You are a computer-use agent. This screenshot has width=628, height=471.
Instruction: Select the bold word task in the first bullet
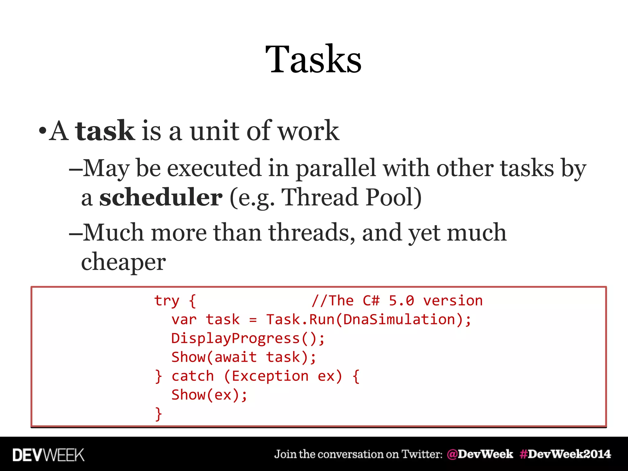click(x=105, y=131)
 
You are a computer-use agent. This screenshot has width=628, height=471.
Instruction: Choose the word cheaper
click(x=123, y=262)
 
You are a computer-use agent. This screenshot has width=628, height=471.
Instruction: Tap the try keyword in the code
click(x=166, y=301)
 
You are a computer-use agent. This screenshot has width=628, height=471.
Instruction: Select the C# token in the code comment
click(x=371, y=301)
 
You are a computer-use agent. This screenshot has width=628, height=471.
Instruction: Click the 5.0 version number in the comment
click(x=401, y=301)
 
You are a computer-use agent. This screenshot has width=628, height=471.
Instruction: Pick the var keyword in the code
click(x=184, y=320)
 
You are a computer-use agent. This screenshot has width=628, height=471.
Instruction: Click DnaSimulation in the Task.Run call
click(x=399, y=320)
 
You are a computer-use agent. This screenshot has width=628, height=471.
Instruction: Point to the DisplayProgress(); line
click(x=248, y=339)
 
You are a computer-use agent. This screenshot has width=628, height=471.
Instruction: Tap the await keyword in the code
click(x=235, y=357)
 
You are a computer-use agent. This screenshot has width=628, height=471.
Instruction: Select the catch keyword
click(x=193, y=376)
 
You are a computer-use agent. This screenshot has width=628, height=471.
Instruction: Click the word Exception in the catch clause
click(x=270, y=376)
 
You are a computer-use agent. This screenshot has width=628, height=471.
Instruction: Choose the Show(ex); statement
click(x=209, y=395)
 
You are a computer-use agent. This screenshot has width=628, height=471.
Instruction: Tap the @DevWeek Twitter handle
click(x=480, y=454)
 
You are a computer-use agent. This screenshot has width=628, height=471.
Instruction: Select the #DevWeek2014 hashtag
click(x=565, y=454)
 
